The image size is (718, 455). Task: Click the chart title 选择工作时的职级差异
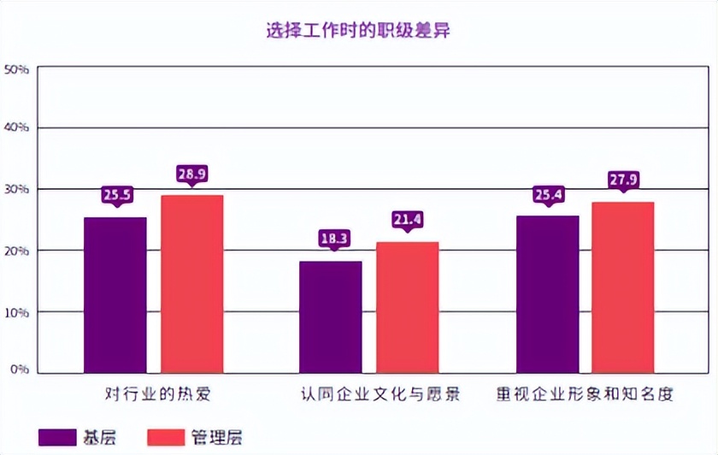coord(358,32)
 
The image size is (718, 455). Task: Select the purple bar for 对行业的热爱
coord(115,295)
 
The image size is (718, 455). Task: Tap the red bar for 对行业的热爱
coord(192,284)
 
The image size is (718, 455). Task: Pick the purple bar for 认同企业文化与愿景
coord(331,316)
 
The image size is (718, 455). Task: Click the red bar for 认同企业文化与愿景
coord(408,307)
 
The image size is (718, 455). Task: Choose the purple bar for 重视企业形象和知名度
coord(547,294)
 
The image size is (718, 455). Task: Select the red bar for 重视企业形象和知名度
coord(623,287)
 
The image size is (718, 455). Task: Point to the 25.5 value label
coord(116,195)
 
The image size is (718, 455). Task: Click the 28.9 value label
coord(192,174)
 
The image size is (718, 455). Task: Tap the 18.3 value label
coord(332,239)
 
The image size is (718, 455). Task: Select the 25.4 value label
coord(547,195)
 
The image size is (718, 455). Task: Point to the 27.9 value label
coord(623,180)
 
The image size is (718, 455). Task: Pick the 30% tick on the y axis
coord(17,189)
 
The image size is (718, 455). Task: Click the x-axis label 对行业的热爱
coord(156,394)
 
